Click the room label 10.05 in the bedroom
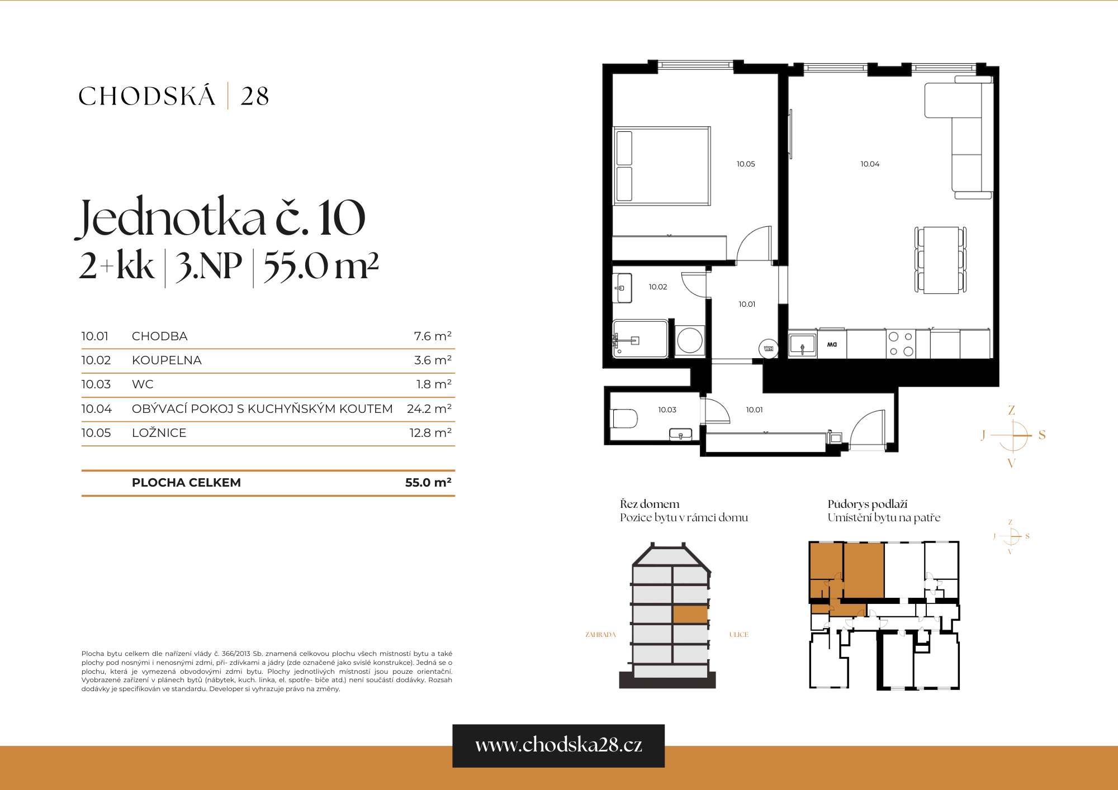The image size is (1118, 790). pos(745,164)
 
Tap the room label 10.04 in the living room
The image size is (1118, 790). pos(869,164)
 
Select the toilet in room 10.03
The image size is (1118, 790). pos(624,418)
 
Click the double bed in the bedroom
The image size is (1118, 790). pos(661,165)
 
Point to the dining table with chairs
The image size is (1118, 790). pos(941,260)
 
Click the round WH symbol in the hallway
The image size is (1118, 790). pos(769,349)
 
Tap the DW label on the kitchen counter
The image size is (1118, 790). pos(832,345)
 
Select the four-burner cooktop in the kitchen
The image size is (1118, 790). pos(901,344)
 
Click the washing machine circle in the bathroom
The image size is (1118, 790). pos(689,340)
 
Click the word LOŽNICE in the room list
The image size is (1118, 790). pos(159,433)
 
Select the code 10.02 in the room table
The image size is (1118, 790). pos(96,360)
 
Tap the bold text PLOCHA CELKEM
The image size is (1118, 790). pos(186,483)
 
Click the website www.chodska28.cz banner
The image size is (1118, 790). pos(558,745)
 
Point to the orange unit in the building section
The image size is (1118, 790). pos(690,615)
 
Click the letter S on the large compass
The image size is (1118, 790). pos(1042,435)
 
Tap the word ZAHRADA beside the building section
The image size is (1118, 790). pos(600,635)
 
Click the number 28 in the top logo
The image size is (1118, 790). pos(255,97)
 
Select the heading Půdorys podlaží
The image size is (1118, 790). pos(867,504)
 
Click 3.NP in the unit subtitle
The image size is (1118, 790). pos(209,266)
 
